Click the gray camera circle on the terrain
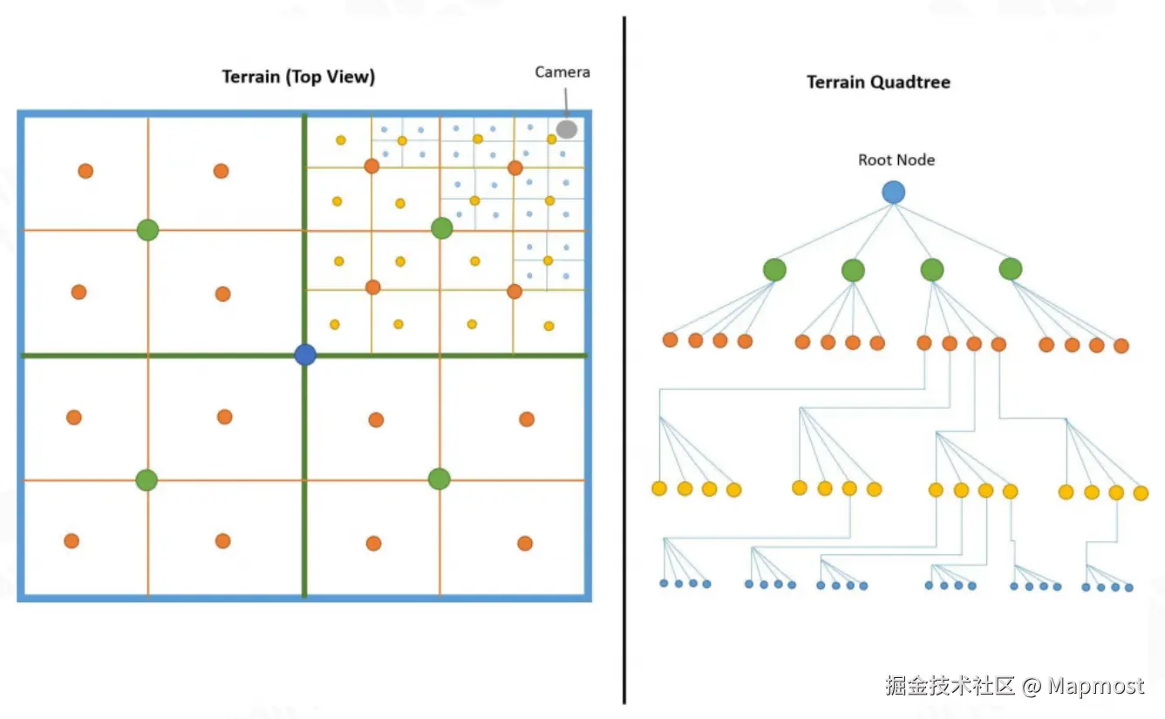point(567,129)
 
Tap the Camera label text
point(562,72)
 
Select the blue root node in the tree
point(893,193)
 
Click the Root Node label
point(896,160)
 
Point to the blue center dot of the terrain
point(305,355)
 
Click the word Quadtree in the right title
point(912,83)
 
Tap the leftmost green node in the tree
point(774,270)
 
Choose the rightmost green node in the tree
point(1011,269)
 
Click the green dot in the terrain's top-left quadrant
point(148,230)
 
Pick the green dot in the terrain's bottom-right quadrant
point(439,478)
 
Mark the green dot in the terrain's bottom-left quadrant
point(146,479)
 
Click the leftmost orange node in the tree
point(670,340)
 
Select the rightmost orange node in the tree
point(1121,346)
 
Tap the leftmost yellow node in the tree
point(659,488)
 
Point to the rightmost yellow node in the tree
point(1141,493)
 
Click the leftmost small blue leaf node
point(664,583)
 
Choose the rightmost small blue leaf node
point(1129,587)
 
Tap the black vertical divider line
point(624,349)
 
